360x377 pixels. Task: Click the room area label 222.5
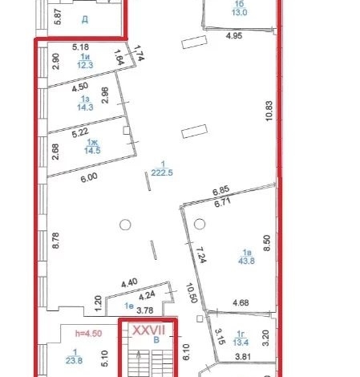tap(162, 172)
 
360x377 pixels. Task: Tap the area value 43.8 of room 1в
tap(246, 261)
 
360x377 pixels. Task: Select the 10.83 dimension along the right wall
tap(269, 111)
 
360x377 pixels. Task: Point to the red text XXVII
tap(149, 330)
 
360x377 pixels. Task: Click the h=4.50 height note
tap(88, 334)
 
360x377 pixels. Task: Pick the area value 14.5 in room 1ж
tap(92, 151)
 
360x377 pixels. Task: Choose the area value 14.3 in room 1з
tap(85, 107)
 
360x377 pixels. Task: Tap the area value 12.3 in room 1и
tap(85, 65)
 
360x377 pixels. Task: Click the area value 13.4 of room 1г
tap(241, 342)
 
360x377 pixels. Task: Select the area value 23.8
tap(74, 360)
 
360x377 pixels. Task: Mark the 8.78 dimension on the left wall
tap(55, 241)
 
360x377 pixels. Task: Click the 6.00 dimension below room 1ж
tap(89, 177)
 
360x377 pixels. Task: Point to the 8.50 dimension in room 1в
tap(267, 243)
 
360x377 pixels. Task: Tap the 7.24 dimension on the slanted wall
tap(200, 255)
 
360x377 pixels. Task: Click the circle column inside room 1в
tap(200, 224)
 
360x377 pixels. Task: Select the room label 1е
tap(129, 306)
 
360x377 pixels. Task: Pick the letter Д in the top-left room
tap(85, 19)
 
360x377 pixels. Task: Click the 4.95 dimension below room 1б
tap(234, 35)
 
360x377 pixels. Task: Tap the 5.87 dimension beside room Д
tap(58, 17)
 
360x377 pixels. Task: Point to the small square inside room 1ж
tap(127, 131)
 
